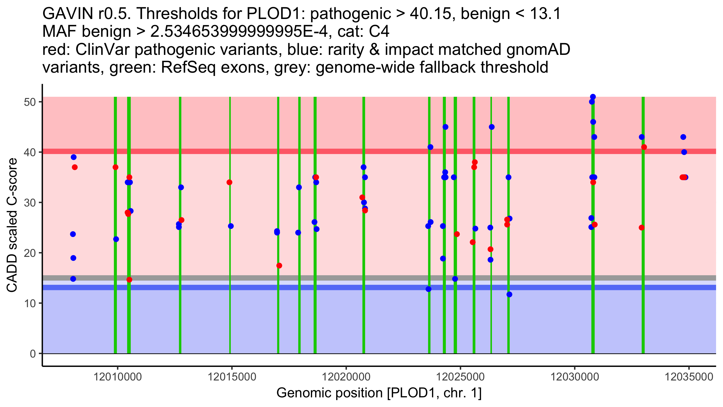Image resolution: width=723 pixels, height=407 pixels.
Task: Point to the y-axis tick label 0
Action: [x=33, y=354]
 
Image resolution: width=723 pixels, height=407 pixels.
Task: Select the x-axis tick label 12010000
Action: [x=118, y=377]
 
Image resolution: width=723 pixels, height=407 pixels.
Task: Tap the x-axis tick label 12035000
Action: [x=689, y=377]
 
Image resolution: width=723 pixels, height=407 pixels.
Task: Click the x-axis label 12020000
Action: [x=346, y=377]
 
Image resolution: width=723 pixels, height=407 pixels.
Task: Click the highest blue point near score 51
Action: [x=593, y=97]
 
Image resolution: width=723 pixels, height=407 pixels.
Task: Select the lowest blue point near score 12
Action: [x=509, y=294]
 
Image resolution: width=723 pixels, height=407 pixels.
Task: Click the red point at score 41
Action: [x=644, y=147]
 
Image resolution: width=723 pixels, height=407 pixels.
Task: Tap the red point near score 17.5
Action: [x=279, y=266]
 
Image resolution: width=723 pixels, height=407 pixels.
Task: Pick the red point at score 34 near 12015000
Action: [x=230, y=182]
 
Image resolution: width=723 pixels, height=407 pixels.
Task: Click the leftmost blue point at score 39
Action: [x=74, y=157]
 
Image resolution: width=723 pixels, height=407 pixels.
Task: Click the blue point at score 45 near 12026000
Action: [x=492, y=127]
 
